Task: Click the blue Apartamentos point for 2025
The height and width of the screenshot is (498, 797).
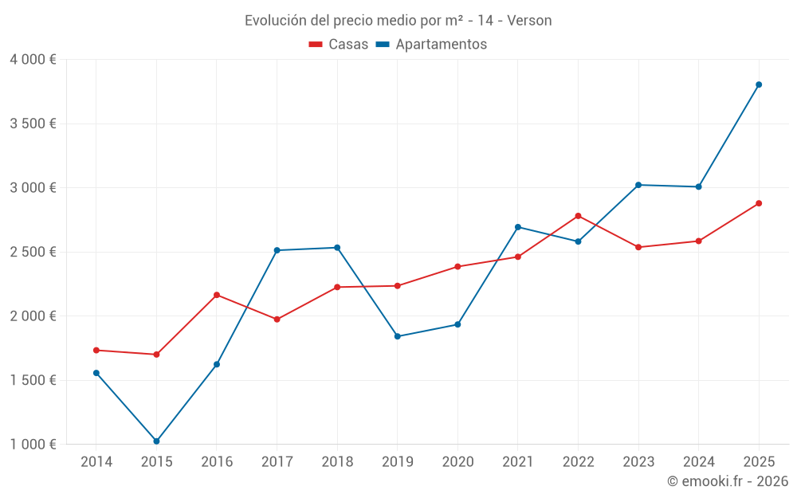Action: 759,84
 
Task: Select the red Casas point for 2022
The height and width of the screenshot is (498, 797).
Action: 578,216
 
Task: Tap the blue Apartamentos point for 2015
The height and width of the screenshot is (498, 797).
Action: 156,441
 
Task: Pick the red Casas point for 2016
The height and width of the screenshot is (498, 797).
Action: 217,295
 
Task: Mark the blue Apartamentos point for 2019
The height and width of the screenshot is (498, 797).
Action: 398,336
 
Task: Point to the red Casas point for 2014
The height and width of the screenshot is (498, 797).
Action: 96,350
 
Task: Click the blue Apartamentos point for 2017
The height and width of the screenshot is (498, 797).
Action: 277,250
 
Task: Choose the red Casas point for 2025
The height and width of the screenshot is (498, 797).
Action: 759,203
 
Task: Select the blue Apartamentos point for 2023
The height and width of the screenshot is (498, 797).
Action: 638,185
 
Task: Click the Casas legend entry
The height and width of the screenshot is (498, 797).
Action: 339,45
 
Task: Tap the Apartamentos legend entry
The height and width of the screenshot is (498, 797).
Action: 431,45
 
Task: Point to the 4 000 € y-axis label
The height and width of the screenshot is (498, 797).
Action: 33,60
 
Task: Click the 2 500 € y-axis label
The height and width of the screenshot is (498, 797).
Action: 33,252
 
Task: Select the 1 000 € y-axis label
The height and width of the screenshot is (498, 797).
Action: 33,444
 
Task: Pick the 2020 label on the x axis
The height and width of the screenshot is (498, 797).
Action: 457,462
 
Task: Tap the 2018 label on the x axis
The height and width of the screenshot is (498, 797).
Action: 337,462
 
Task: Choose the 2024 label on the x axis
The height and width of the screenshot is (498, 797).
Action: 698,462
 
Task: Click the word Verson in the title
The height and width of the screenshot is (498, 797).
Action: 529,21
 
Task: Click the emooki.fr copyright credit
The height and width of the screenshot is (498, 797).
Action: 728,481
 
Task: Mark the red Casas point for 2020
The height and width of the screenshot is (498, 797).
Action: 457,266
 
